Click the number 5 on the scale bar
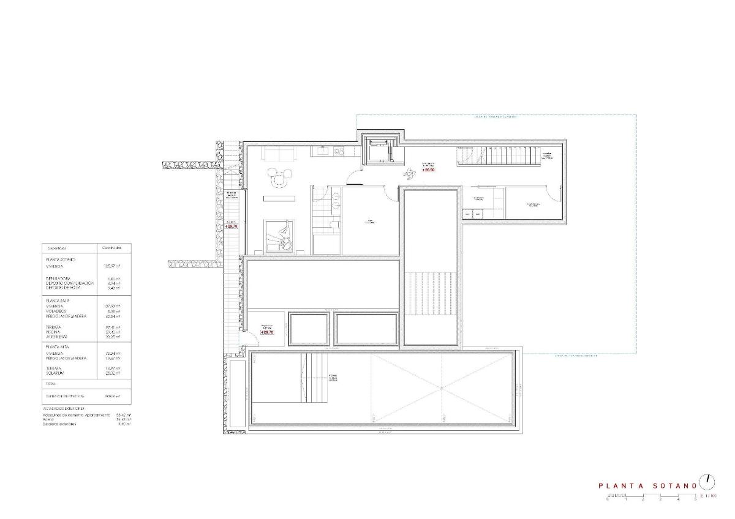(x=695, y=500)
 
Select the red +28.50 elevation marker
(x=429, y=170)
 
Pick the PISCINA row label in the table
(x=53, y=332)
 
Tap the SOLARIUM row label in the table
(x=55, y=373)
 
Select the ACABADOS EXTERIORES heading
(x=64, y=408)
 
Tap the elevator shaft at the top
(x=380, y=150)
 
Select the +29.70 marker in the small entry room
(x=266, y=332)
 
